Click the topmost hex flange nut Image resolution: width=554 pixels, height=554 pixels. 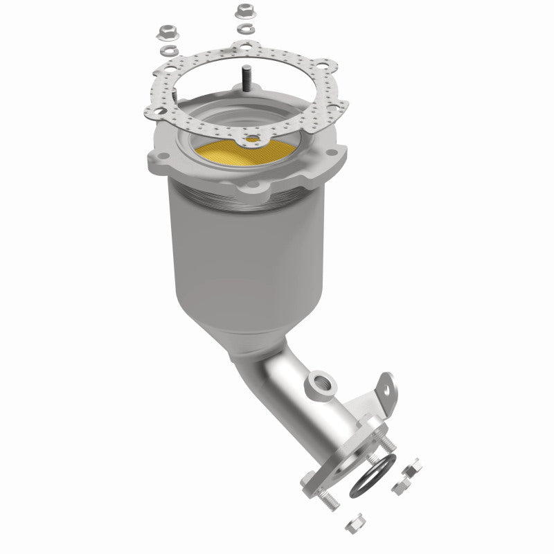coord(243,12)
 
